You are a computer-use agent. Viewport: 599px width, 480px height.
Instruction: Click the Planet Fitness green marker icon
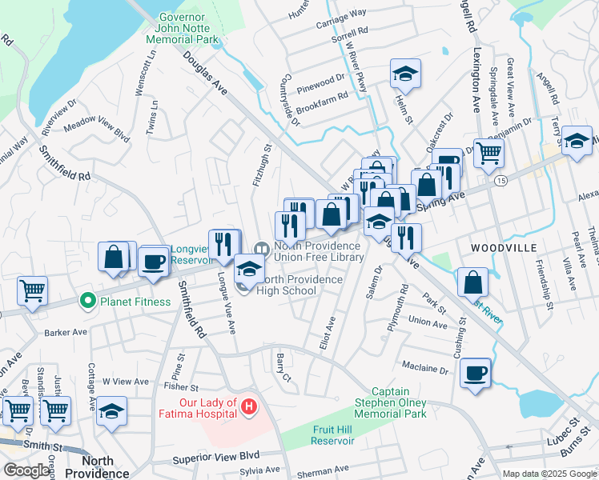click(x=88, y=302)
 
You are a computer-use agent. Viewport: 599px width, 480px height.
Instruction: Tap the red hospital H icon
click(x=249, y=408)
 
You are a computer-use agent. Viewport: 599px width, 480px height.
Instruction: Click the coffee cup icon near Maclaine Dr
click(x=476, y=372)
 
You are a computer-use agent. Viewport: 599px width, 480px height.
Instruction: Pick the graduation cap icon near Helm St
click(x=406, y=74)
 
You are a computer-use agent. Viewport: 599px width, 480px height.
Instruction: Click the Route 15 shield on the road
click(x=500, y=182)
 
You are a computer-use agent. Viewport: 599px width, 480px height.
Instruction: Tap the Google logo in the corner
click(x=26, y=470)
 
